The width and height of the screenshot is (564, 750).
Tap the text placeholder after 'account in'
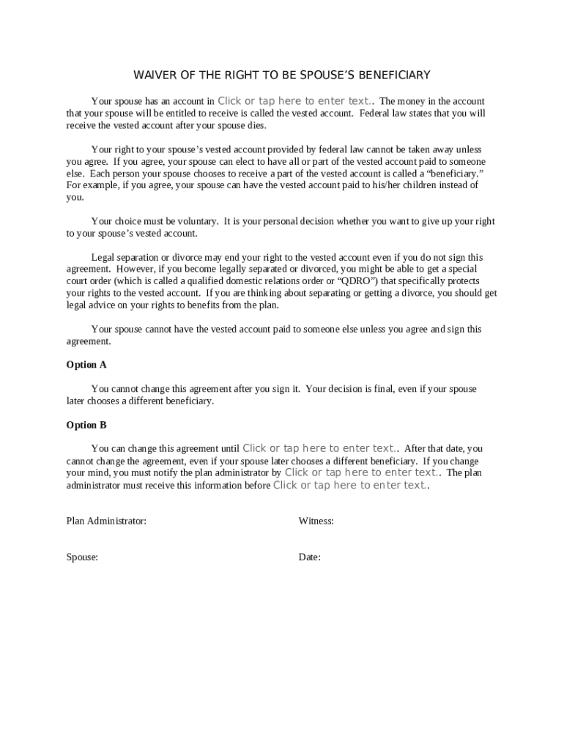296,101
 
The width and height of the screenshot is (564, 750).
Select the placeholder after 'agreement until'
320,448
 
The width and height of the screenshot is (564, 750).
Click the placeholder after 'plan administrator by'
362,472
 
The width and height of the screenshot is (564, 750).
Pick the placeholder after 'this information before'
350,485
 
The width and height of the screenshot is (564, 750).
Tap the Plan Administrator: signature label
106,521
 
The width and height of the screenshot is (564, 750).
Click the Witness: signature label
316,521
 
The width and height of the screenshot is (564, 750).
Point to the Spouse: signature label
82,557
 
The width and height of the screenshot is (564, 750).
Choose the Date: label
309,557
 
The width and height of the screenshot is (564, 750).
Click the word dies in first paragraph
256,125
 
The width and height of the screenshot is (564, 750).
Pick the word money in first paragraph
414,101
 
